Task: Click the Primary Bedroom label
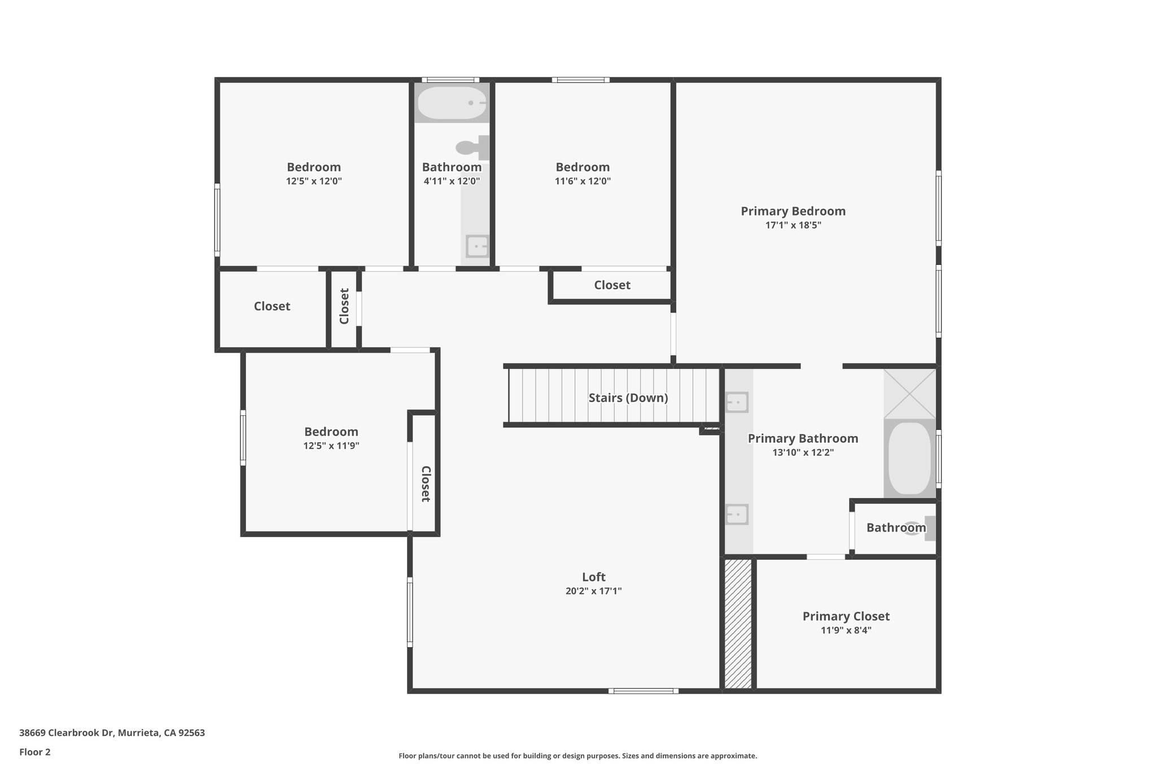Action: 793,211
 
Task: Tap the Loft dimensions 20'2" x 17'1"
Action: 593,591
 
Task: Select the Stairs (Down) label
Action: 628,398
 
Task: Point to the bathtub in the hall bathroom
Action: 452,103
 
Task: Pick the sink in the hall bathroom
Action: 477,246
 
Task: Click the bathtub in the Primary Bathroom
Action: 909,458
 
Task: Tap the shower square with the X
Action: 909,394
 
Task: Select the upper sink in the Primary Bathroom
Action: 737,403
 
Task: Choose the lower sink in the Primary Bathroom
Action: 737,515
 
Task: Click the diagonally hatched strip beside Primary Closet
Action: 738,624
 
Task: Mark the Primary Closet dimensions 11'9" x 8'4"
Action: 846,630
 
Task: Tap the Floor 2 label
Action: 35,752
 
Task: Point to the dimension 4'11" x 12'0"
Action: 452,181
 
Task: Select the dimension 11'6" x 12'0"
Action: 583,181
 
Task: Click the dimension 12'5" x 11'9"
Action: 331,446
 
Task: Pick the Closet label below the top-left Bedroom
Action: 272,306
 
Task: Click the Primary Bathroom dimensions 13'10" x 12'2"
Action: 803,452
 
